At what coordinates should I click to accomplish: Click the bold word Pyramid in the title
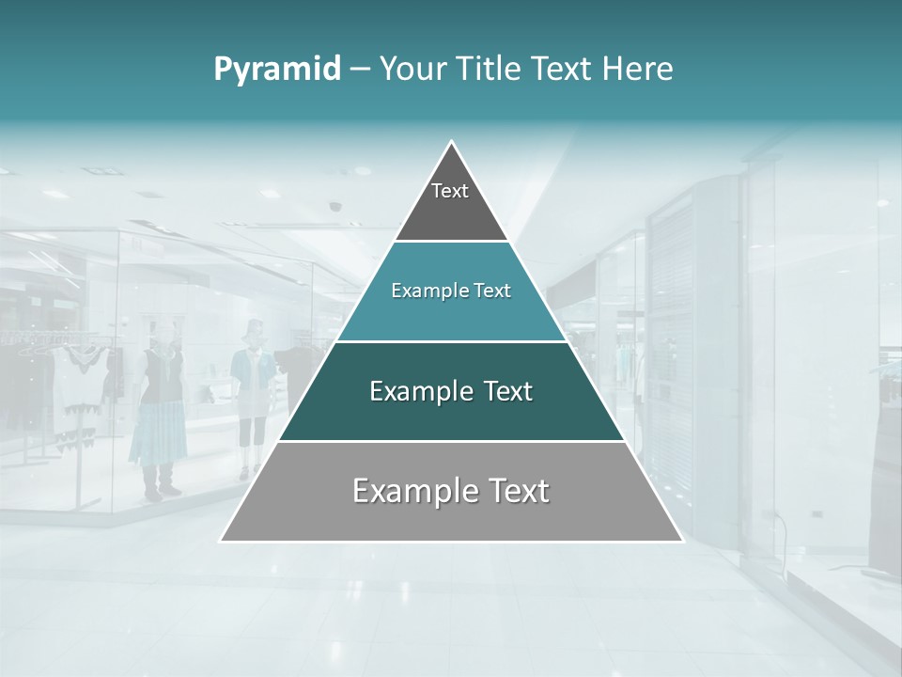coord(277,69)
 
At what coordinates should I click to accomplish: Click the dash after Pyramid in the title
coord(360,70)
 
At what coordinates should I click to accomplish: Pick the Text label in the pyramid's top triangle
coord(450,191)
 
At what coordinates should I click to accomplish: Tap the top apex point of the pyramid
coord(452,142)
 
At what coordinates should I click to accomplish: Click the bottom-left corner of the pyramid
coord(221,541)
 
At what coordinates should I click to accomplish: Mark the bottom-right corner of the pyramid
coord(682,541)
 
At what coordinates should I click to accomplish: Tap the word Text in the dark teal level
coord(508,391)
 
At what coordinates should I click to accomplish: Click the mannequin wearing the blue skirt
coord(159,414)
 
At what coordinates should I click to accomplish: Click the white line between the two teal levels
coord(452,341)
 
